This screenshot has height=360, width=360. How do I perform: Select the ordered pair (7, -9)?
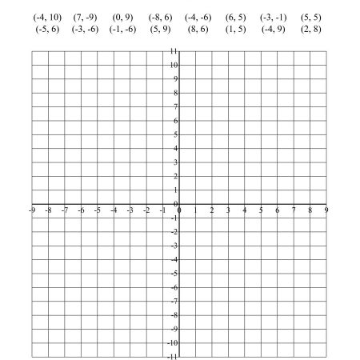click(x=85, y=17)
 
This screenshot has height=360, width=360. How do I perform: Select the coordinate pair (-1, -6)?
click(x=123, y=30)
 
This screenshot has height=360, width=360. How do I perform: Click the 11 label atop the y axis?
click(x=173, y=50)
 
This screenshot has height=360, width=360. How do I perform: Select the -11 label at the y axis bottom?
click(x=172, y=356)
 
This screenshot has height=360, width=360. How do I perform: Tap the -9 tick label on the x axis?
click(x=31, y=210)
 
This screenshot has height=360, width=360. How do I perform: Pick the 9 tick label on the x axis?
click(x=327, y=210)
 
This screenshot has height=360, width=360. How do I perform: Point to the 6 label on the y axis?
click(x=174, y=120)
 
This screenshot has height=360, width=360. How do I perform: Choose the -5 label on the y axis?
click(x=173, y=273)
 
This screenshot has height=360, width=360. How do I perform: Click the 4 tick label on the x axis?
click(x=245, y=210)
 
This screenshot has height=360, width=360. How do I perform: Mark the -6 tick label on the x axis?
click(x=81, y=210)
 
